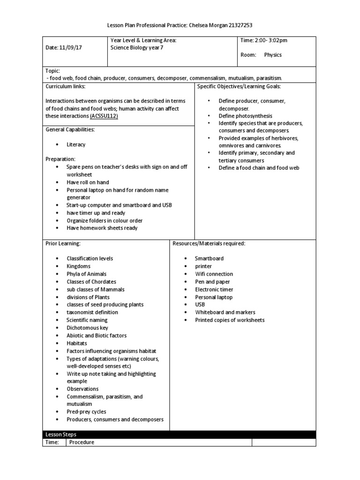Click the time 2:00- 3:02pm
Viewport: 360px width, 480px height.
pos(271,40)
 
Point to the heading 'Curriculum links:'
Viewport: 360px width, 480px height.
pos(65,87)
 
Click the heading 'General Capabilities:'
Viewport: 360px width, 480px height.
pos(70,129)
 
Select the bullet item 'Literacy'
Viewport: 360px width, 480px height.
pos(76,145)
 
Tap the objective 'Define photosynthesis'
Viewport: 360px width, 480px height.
pos(245,116)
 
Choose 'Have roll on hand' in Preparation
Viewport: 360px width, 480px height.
pos(89,183)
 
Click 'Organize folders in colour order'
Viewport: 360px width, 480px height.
pos(105,220)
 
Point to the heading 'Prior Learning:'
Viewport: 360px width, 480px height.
pos(63,243)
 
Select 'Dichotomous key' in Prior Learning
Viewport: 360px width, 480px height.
pos(87,328)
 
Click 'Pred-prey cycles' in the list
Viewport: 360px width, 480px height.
pos(86,412)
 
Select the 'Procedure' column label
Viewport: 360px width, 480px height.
pos(82,442)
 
